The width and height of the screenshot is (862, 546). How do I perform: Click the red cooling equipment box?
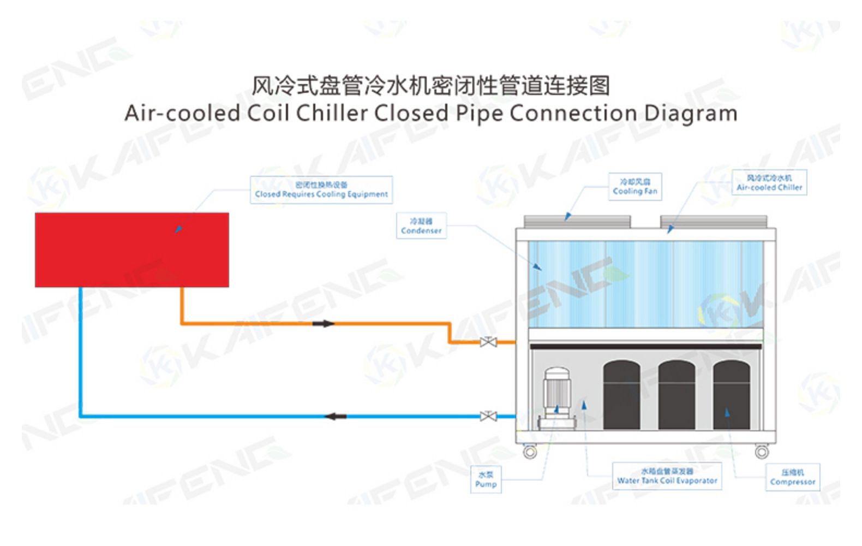(x=131, y=250)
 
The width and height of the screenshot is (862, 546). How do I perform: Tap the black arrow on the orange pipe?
(x=324, y=323)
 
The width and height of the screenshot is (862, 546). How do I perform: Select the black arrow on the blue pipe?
(x=335, y=417)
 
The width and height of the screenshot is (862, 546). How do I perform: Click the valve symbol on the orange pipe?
(x=488, y=342)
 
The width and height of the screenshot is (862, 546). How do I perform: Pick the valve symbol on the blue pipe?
(x=488, y=417)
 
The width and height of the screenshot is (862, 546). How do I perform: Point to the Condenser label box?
(x=421, y=225)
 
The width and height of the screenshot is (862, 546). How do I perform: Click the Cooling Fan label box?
(x=634, y=186)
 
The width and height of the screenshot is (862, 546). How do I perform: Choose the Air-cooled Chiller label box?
(x=769, y=182)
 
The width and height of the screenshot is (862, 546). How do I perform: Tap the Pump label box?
(x=486, y=479)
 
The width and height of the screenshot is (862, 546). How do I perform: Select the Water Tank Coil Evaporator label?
(x=667, y=476)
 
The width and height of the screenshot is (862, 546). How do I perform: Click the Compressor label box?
(x=792, y=477)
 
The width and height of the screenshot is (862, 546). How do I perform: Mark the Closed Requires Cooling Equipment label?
(x=321, y=189)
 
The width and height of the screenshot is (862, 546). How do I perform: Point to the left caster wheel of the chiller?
(x=530, y=452)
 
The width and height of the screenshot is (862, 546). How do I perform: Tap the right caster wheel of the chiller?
(x=762, y=452)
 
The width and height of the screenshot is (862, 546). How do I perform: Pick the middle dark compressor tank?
(x=677, y=394)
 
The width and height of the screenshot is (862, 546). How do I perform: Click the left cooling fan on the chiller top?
(x=577, y=221)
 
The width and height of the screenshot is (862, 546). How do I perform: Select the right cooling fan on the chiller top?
(x=714, y=221)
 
